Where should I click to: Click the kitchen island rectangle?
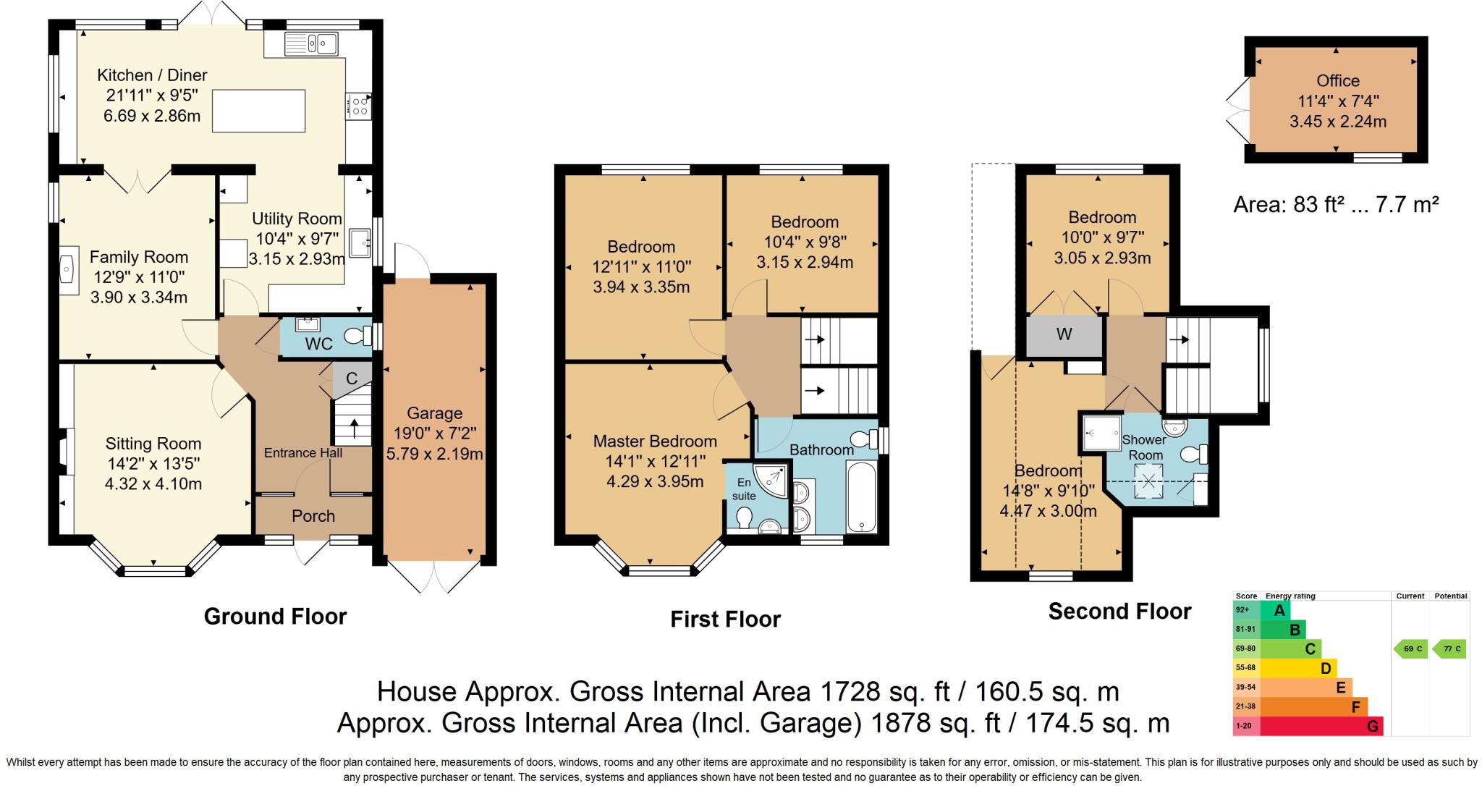pos(258,111)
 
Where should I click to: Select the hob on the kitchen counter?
pos(359,106)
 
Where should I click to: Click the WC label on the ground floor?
pos(318,344)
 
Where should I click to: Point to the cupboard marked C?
pos(352,379)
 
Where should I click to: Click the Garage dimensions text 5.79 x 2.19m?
pos(434,454)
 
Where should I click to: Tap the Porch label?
pos(313,516)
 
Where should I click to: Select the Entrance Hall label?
pos(302,453)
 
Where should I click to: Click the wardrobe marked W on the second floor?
pos(1064,334)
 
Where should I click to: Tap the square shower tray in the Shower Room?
pos(1101,433)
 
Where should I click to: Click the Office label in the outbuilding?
pos(1338,81)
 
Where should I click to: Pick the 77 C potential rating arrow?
pos(1450,648)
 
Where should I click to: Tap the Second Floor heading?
pos(1119,612)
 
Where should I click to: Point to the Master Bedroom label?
pos(655,441)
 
